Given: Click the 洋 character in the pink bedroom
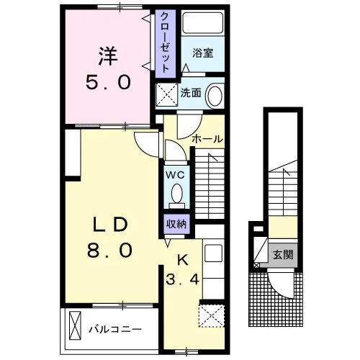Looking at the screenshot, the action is (108, 56).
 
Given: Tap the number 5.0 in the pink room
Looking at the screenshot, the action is (108, 82).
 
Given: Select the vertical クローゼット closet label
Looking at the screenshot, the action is (165, 42).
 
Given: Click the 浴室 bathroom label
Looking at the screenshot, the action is (203, 53).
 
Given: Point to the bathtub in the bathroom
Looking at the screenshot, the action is (203, 23).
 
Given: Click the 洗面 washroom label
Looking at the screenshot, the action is (191, 93).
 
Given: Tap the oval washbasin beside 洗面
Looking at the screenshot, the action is (215, 96).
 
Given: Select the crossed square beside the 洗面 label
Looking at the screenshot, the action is (167, 94).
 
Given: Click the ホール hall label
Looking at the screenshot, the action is (207, 139).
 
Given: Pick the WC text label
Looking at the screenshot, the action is (176, 175).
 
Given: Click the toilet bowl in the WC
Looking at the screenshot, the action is (177, 193).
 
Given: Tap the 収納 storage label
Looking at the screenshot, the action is (176, 225).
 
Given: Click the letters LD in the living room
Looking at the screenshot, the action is (110, 225).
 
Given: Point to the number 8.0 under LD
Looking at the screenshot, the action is (109, 250).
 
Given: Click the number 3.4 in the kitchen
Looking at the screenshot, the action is (183, 279).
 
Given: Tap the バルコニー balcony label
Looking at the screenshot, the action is (115, 329).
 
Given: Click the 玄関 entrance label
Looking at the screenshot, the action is (283, 254).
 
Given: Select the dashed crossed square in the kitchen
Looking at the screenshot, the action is (212, 316).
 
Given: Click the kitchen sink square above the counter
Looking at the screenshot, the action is (214, 253).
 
